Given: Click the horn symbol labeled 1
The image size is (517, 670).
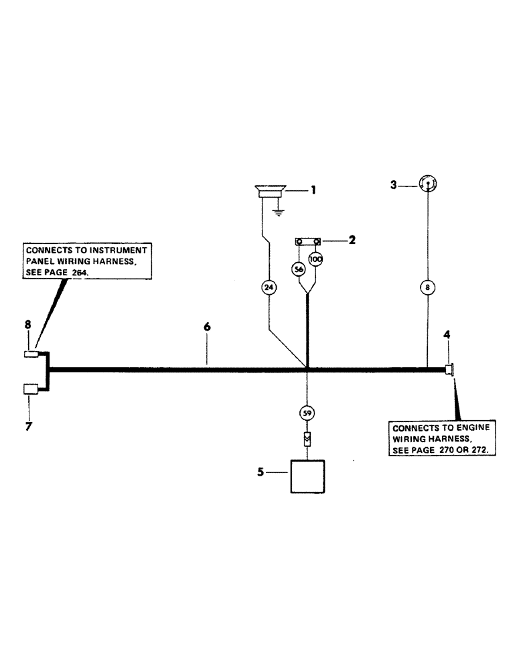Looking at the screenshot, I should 269,191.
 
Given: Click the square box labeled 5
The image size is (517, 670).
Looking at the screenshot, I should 307,476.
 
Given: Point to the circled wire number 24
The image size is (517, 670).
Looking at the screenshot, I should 269,288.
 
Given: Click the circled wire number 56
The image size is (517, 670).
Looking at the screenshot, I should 299,269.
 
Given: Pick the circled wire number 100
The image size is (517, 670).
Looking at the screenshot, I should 315,259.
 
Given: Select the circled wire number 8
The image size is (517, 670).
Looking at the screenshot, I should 427,287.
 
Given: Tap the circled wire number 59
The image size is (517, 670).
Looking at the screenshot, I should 307,413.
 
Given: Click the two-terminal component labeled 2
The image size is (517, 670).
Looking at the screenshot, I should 307,242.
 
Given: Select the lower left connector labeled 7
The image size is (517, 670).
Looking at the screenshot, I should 31,389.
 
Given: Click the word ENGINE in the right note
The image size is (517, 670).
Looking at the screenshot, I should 473,427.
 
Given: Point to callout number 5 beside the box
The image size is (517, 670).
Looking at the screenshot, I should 261,472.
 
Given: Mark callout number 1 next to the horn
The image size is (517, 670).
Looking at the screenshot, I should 311,190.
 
